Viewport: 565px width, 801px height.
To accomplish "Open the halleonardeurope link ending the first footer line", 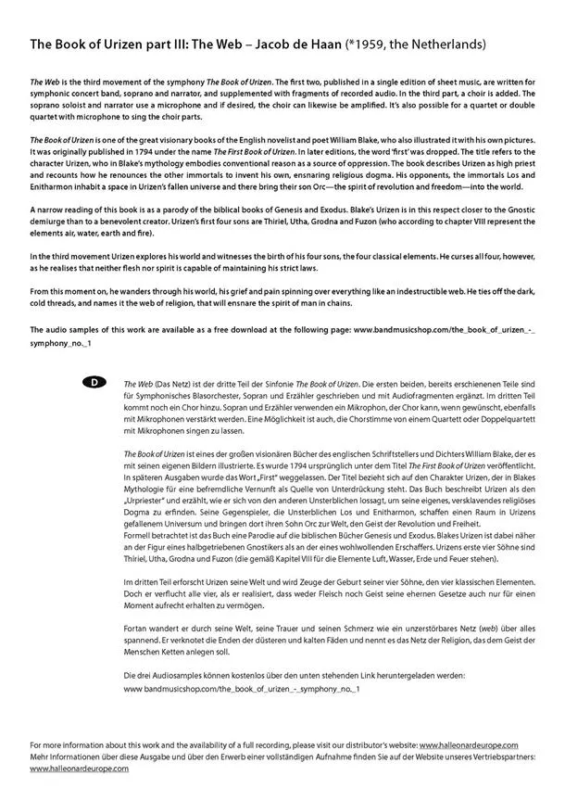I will tap(469, 744).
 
